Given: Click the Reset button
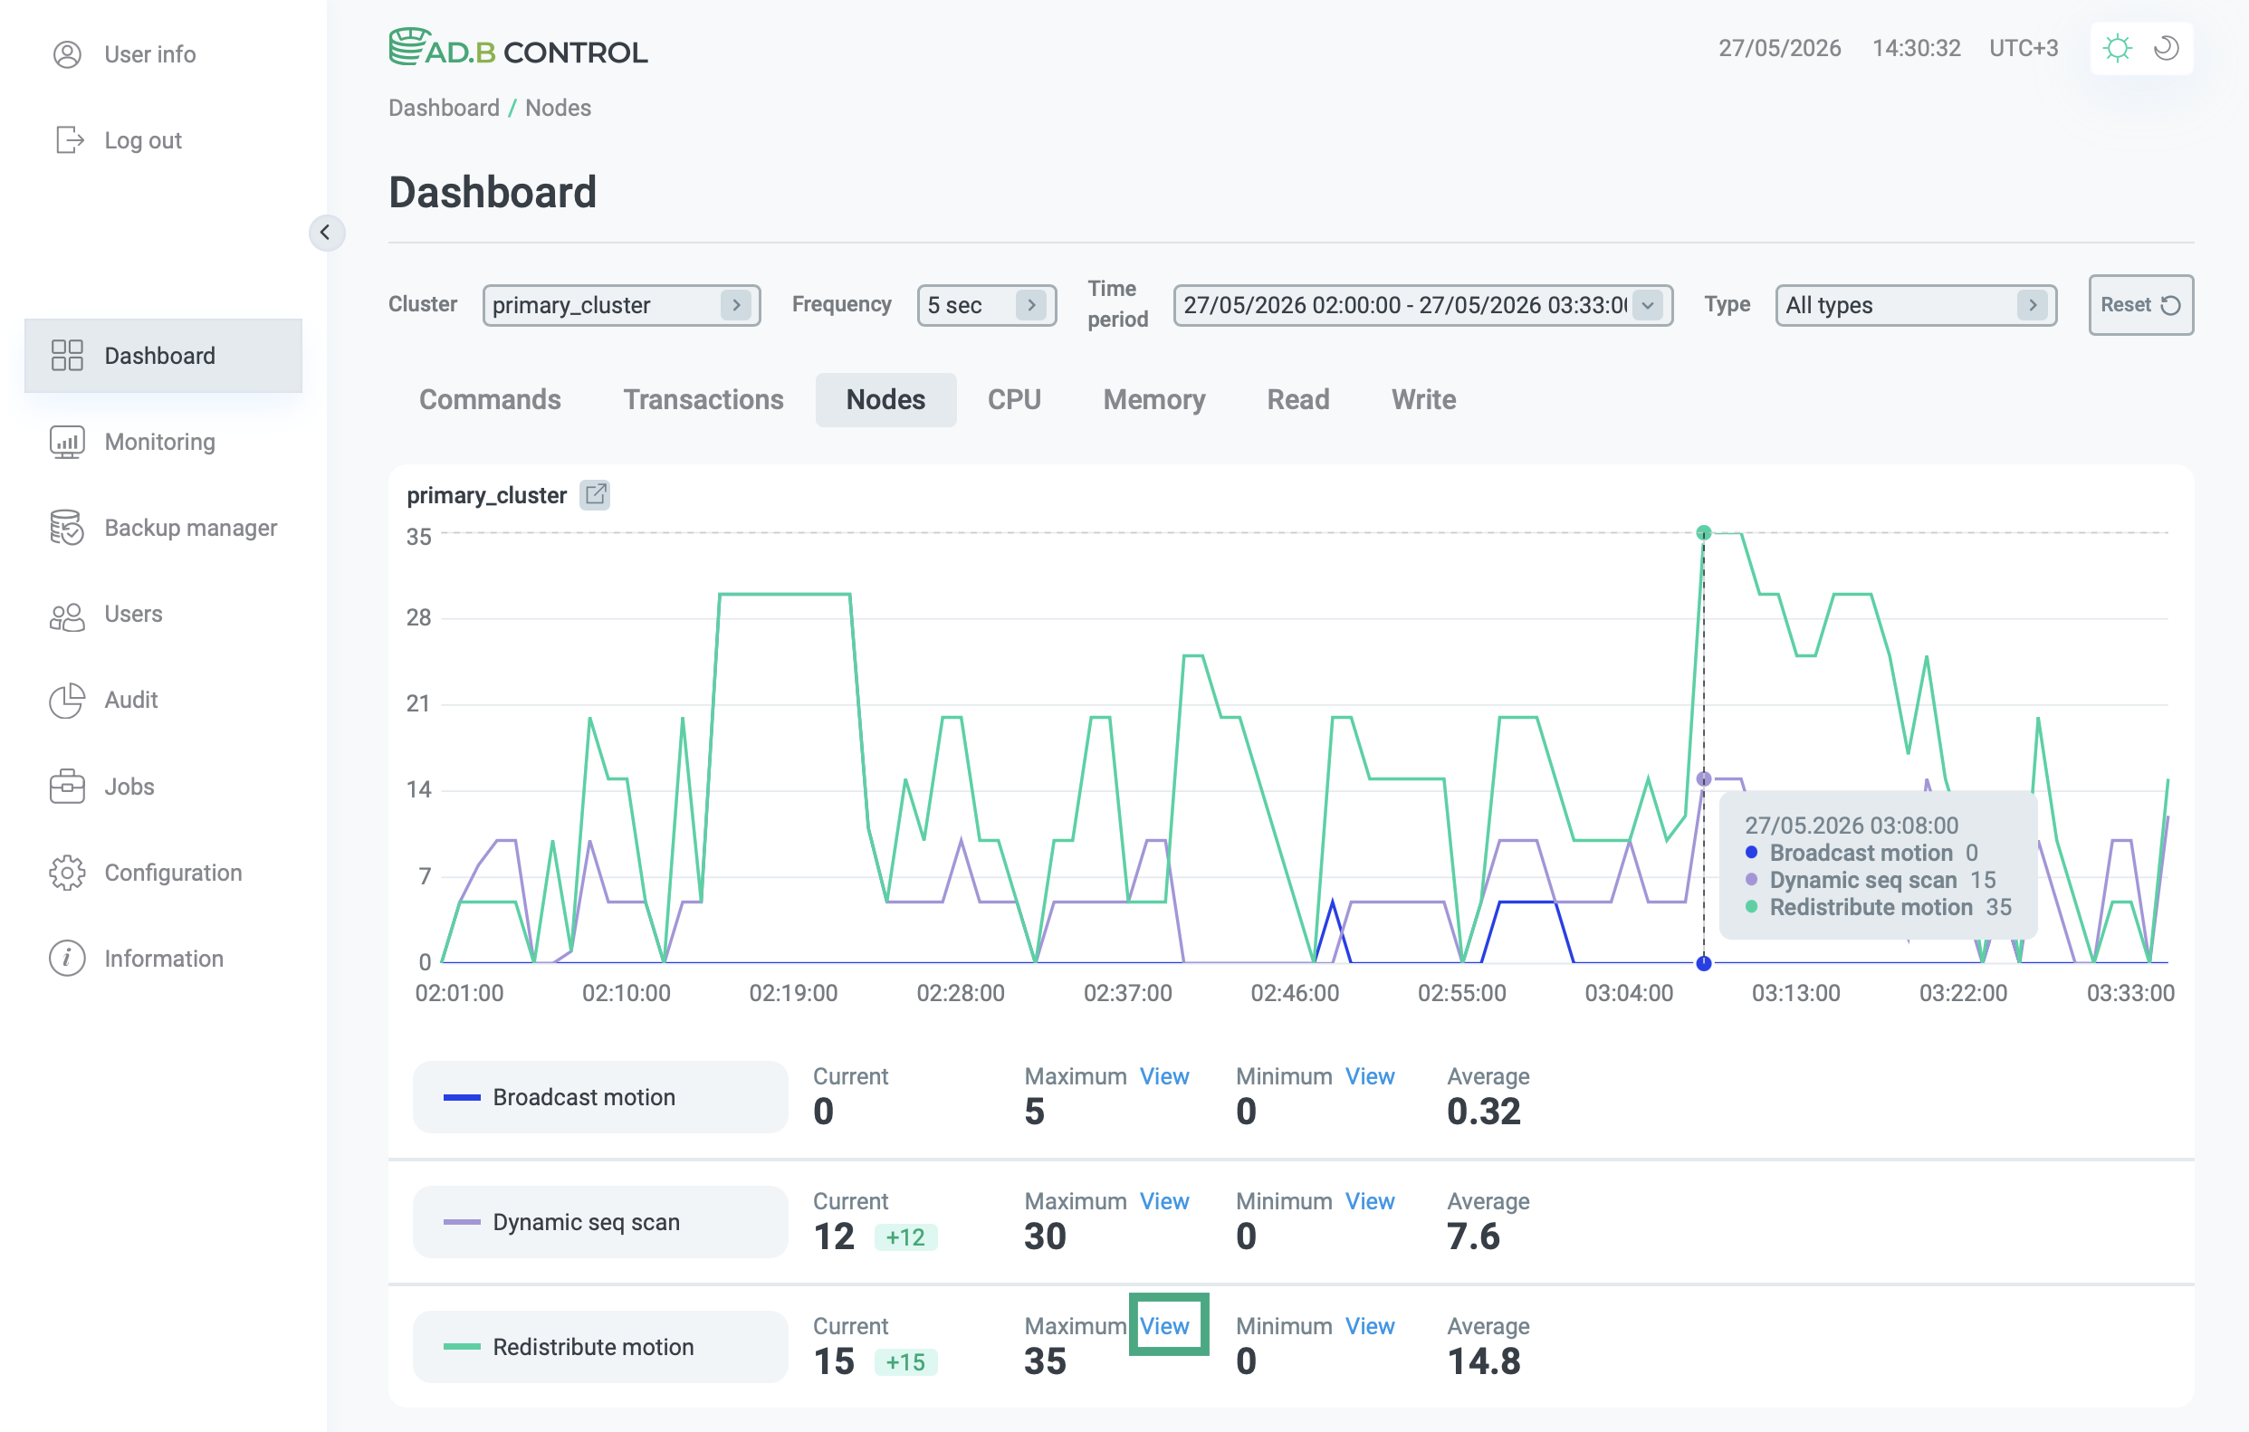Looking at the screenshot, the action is click(x=2139, y=304).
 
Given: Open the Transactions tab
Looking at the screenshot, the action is click(x=703, y=399).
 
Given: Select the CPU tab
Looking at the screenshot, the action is click(x=1013, y=399).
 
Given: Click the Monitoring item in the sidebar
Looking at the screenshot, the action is click(x=159, y=442).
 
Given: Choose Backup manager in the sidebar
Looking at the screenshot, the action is click(x=189, y=528).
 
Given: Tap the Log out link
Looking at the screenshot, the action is click(x=142, y=140).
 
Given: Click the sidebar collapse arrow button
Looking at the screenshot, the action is click(x=326, y=233).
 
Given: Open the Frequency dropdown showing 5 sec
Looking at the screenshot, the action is click(x=986, y=305).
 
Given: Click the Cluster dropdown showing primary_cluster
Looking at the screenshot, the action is click(x=621, y=305).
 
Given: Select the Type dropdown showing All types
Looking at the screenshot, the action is click(x=1916, y=305).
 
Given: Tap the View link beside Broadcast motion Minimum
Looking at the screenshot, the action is click(x=1369, y=1076).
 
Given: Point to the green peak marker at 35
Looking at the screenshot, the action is click(x=1704, y=533).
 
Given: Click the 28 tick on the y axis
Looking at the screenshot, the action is click(x=418, y=618).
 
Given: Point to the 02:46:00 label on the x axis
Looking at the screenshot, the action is click(x=1295, y=993).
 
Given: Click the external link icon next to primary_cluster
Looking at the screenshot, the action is click(x=595, y=495).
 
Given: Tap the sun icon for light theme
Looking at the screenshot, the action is click(x=2118, y=48).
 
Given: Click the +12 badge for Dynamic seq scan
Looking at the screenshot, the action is click(x=905, y=1236).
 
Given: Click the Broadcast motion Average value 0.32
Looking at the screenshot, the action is click(x=1483, y=1112).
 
